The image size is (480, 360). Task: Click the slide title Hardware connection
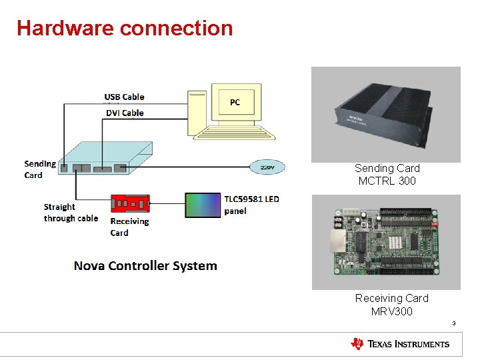pyautogui.click(x=125, y=28)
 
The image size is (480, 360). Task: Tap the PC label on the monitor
pyautogui.click(x=235, y=102)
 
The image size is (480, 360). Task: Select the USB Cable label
pyautogui.click(x=124, y=97)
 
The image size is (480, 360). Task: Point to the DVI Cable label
pyautogui.click(x=125, y=113)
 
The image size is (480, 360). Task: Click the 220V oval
pyautogui.click(x=267, y=167)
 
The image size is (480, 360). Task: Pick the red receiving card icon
pyautogui.click(x=130, y=202)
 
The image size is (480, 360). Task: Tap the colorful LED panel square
pyautogui.click(x=203, y=205)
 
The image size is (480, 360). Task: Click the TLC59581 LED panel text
pyautogui.click(x=251, y=205)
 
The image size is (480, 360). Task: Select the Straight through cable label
pyautogui.click(x=71, y=213)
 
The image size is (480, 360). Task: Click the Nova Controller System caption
pyautogui.click(x=145, y=265)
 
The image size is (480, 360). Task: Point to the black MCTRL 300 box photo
pyautogui.click(x=386, y=114)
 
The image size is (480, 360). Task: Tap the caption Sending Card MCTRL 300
pyautogui.click(x=387, y=175)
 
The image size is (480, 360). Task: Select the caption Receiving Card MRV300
pyautogui.click(x=391, y=305)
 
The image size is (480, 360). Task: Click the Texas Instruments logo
pyautogui.click(x=400, y=344)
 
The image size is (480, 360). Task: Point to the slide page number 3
pyautogui.click(x=453, y=324)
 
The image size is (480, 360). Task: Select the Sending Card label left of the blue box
pyautogui.click(x=39, y=169)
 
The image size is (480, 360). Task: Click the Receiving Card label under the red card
pyautogui.click(x=129, y=227)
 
